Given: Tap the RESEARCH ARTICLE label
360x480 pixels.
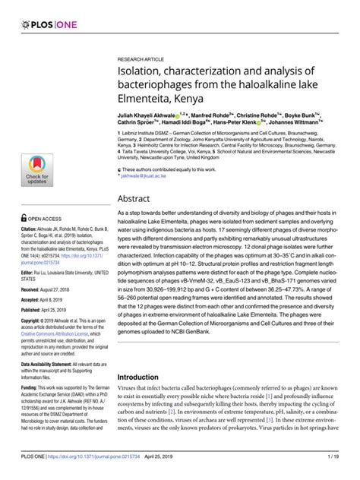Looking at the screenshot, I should point(141,58).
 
